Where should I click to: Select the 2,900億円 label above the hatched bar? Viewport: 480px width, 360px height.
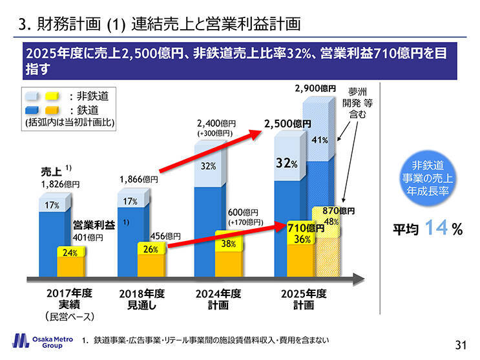(316, 88)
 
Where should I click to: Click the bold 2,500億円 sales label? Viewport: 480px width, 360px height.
(287, 123)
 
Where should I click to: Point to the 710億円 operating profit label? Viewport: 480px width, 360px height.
(306, 228)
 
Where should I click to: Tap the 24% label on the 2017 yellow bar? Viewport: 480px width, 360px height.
(70, 253)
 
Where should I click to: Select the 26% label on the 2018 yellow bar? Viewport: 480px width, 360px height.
(151, 249)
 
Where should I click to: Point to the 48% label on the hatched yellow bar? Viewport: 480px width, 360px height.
(331, 222)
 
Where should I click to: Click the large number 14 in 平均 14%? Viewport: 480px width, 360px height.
(438, 228)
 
